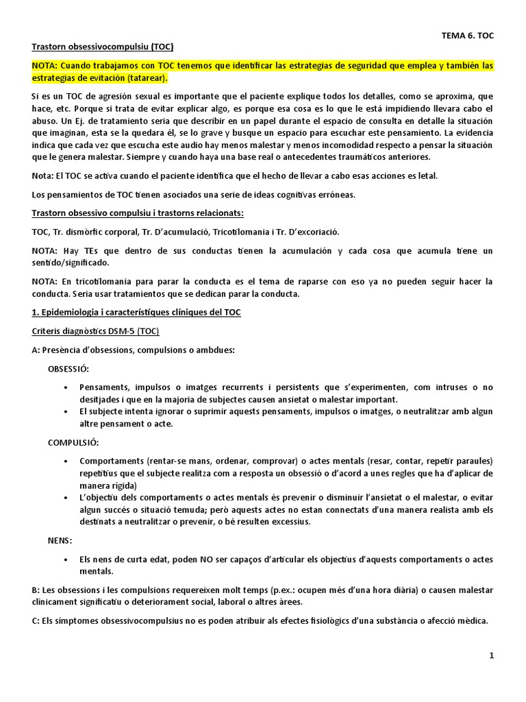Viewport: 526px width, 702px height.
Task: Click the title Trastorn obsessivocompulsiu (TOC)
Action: (103, 47)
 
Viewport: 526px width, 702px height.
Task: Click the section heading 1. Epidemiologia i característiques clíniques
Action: (136, 313)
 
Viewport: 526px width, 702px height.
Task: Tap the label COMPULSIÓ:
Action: (73, 443)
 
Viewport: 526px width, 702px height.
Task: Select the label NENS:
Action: (60, 541)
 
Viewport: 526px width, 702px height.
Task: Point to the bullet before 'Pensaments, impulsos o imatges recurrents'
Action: (64, 387)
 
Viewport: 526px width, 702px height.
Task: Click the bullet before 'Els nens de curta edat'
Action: (64, 559)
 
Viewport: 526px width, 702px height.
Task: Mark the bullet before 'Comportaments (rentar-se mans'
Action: (64, 461)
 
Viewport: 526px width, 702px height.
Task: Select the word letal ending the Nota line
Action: (426, 175)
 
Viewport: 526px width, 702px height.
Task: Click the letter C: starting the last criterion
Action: (37, 620)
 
